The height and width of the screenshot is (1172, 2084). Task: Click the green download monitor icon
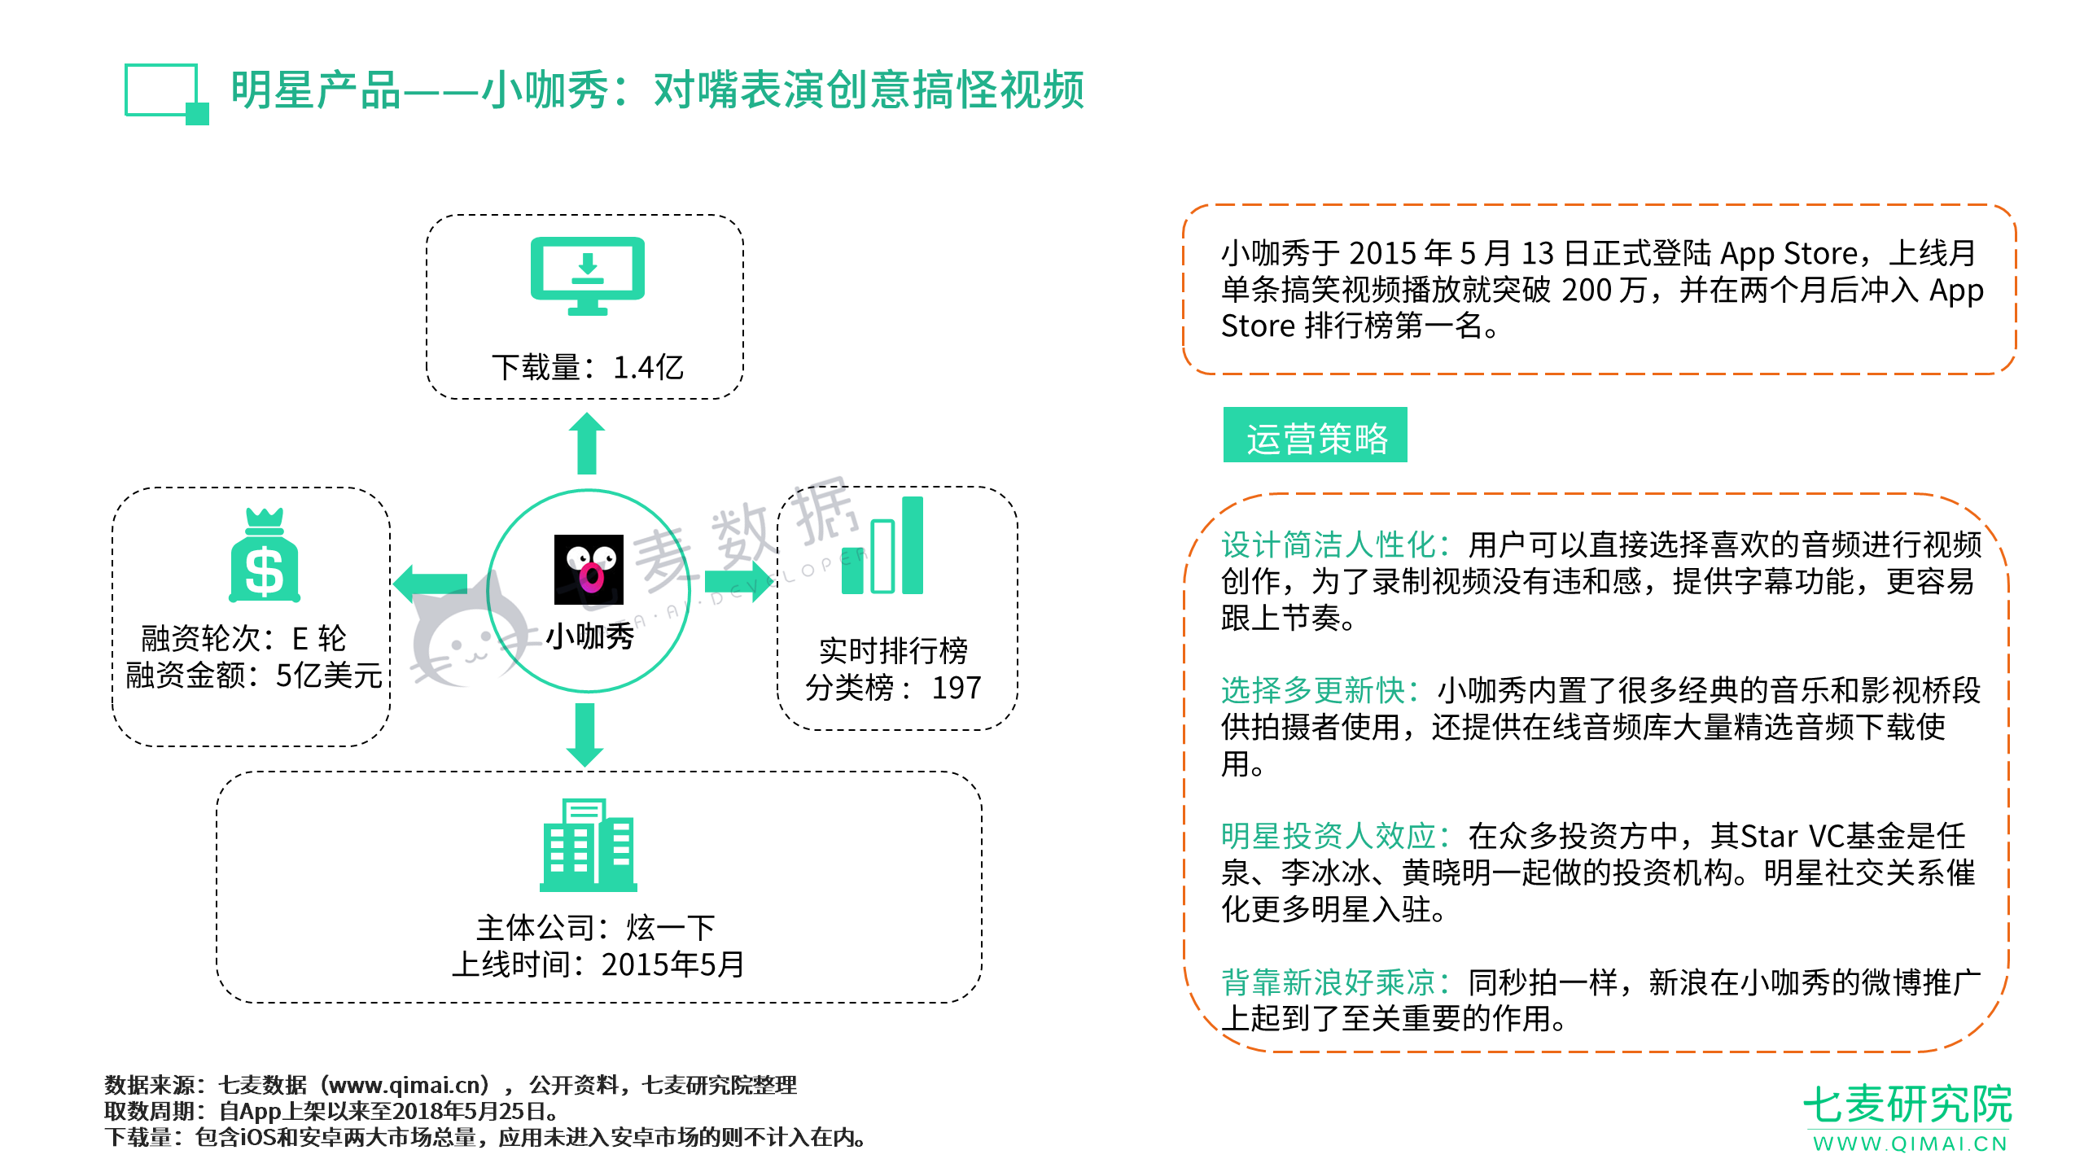[587, 275]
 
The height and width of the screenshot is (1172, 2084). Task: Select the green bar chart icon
[882, 545]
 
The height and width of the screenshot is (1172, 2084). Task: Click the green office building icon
[588, 845]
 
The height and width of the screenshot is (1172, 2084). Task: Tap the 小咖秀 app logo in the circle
[589, 569]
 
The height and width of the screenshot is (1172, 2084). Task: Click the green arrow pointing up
[586, 443]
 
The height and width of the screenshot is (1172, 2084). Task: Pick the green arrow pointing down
[585, 735]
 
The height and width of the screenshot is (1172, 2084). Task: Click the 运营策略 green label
[1316, 435]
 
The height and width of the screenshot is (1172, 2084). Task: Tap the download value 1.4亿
[648, 367]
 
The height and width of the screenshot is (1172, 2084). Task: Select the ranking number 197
[956, 688]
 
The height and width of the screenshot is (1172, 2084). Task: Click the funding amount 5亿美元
[329, 676]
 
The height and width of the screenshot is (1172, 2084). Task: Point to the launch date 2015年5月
[672, 964]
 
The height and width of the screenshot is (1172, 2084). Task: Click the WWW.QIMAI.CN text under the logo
[1910, 1144]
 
